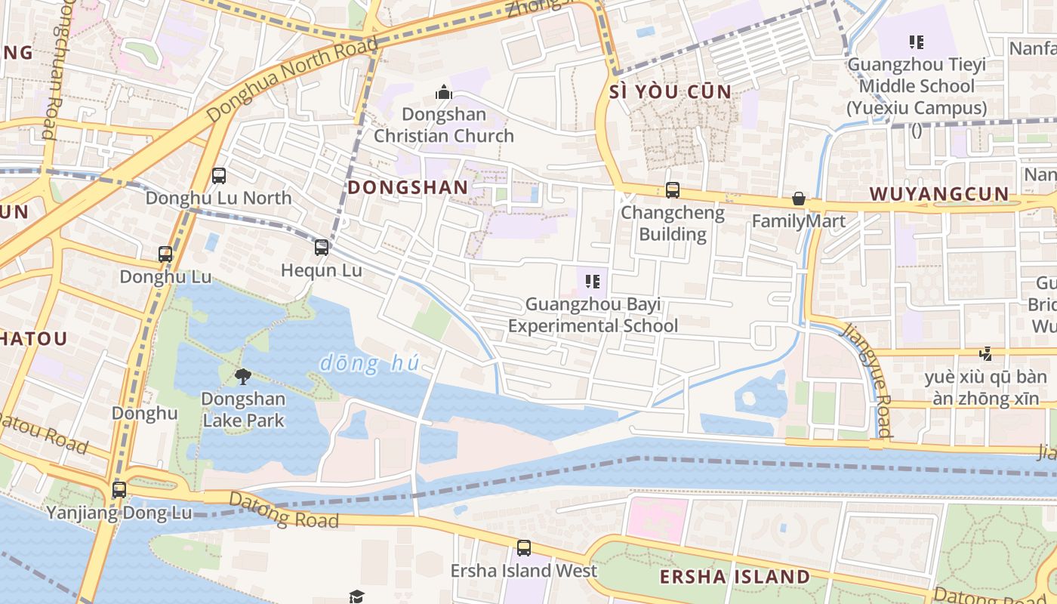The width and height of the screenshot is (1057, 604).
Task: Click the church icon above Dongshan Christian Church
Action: [444, 93]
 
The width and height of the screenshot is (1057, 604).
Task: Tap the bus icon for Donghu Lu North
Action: [219, 176]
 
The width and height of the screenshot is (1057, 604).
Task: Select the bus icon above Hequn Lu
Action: [322, 248]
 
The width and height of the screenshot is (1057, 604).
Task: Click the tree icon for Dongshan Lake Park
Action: [243, 376]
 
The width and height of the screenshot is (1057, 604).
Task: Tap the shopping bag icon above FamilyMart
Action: [799, 199]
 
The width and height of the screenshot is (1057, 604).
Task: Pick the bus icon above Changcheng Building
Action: [672, 190]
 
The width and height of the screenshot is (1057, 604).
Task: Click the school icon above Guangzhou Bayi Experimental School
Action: [593, 282]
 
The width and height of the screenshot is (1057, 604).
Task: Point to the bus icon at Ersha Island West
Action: [523, 548]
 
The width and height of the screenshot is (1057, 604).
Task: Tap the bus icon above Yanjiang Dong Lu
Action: [119, 489]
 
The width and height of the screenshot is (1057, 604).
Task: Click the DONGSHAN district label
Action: [407, 186]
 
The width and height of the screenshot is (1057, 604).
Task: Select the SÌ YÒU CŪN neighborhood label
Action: [670, 92]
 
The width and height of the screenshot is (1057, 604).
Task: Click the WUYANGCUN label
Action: [938, 194]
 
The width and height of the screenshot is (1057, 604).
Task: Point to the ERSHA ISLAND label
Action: [734, 578]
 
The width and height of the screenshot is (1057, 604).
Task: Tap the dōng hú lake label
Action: [369, 364]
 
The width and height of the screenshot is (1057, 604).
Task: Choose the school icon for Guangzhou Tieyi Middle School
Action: [917, 42]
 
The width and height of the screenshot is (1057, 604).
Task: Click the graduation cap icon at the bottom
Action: [357, 596]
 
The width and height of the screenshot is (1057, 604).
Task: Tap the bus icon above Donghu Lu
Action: [165, 254]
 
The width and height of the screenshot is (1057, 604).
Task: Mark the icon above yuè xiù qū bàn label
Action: [985, 353]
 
